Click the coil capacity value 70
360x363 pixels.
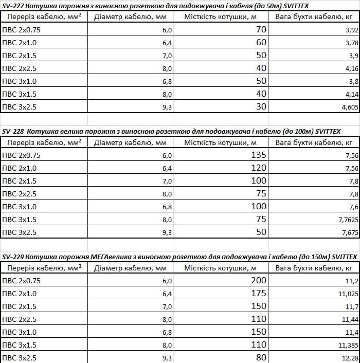point(261,29)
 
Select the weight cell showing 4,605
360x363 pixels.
point(349,107)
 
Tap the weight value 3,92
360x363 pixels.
point(351,30)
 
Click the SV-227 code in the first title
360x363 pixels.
point(12,5)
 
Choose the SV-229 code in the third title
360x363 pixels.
point(12,256)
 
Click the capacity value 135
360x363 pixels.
point(258,155)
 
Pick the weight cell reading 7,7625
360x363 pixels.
point(346,220)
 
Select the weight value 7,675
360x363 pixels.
point(348,232)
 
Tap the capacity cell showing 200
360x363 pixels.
point(258,280)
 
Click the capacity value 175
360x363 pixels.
point(258,293)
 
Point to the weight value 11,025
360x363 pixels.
point(347,294)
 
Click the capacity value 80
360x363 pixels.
point(261,357)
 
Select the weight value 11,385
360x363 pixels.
point(347,345)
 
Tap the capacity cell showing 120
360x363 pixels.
point(258,168)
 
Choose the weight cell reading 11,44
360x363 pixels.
point(349,319)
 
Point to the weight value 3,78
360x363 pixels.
point(351,43)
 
